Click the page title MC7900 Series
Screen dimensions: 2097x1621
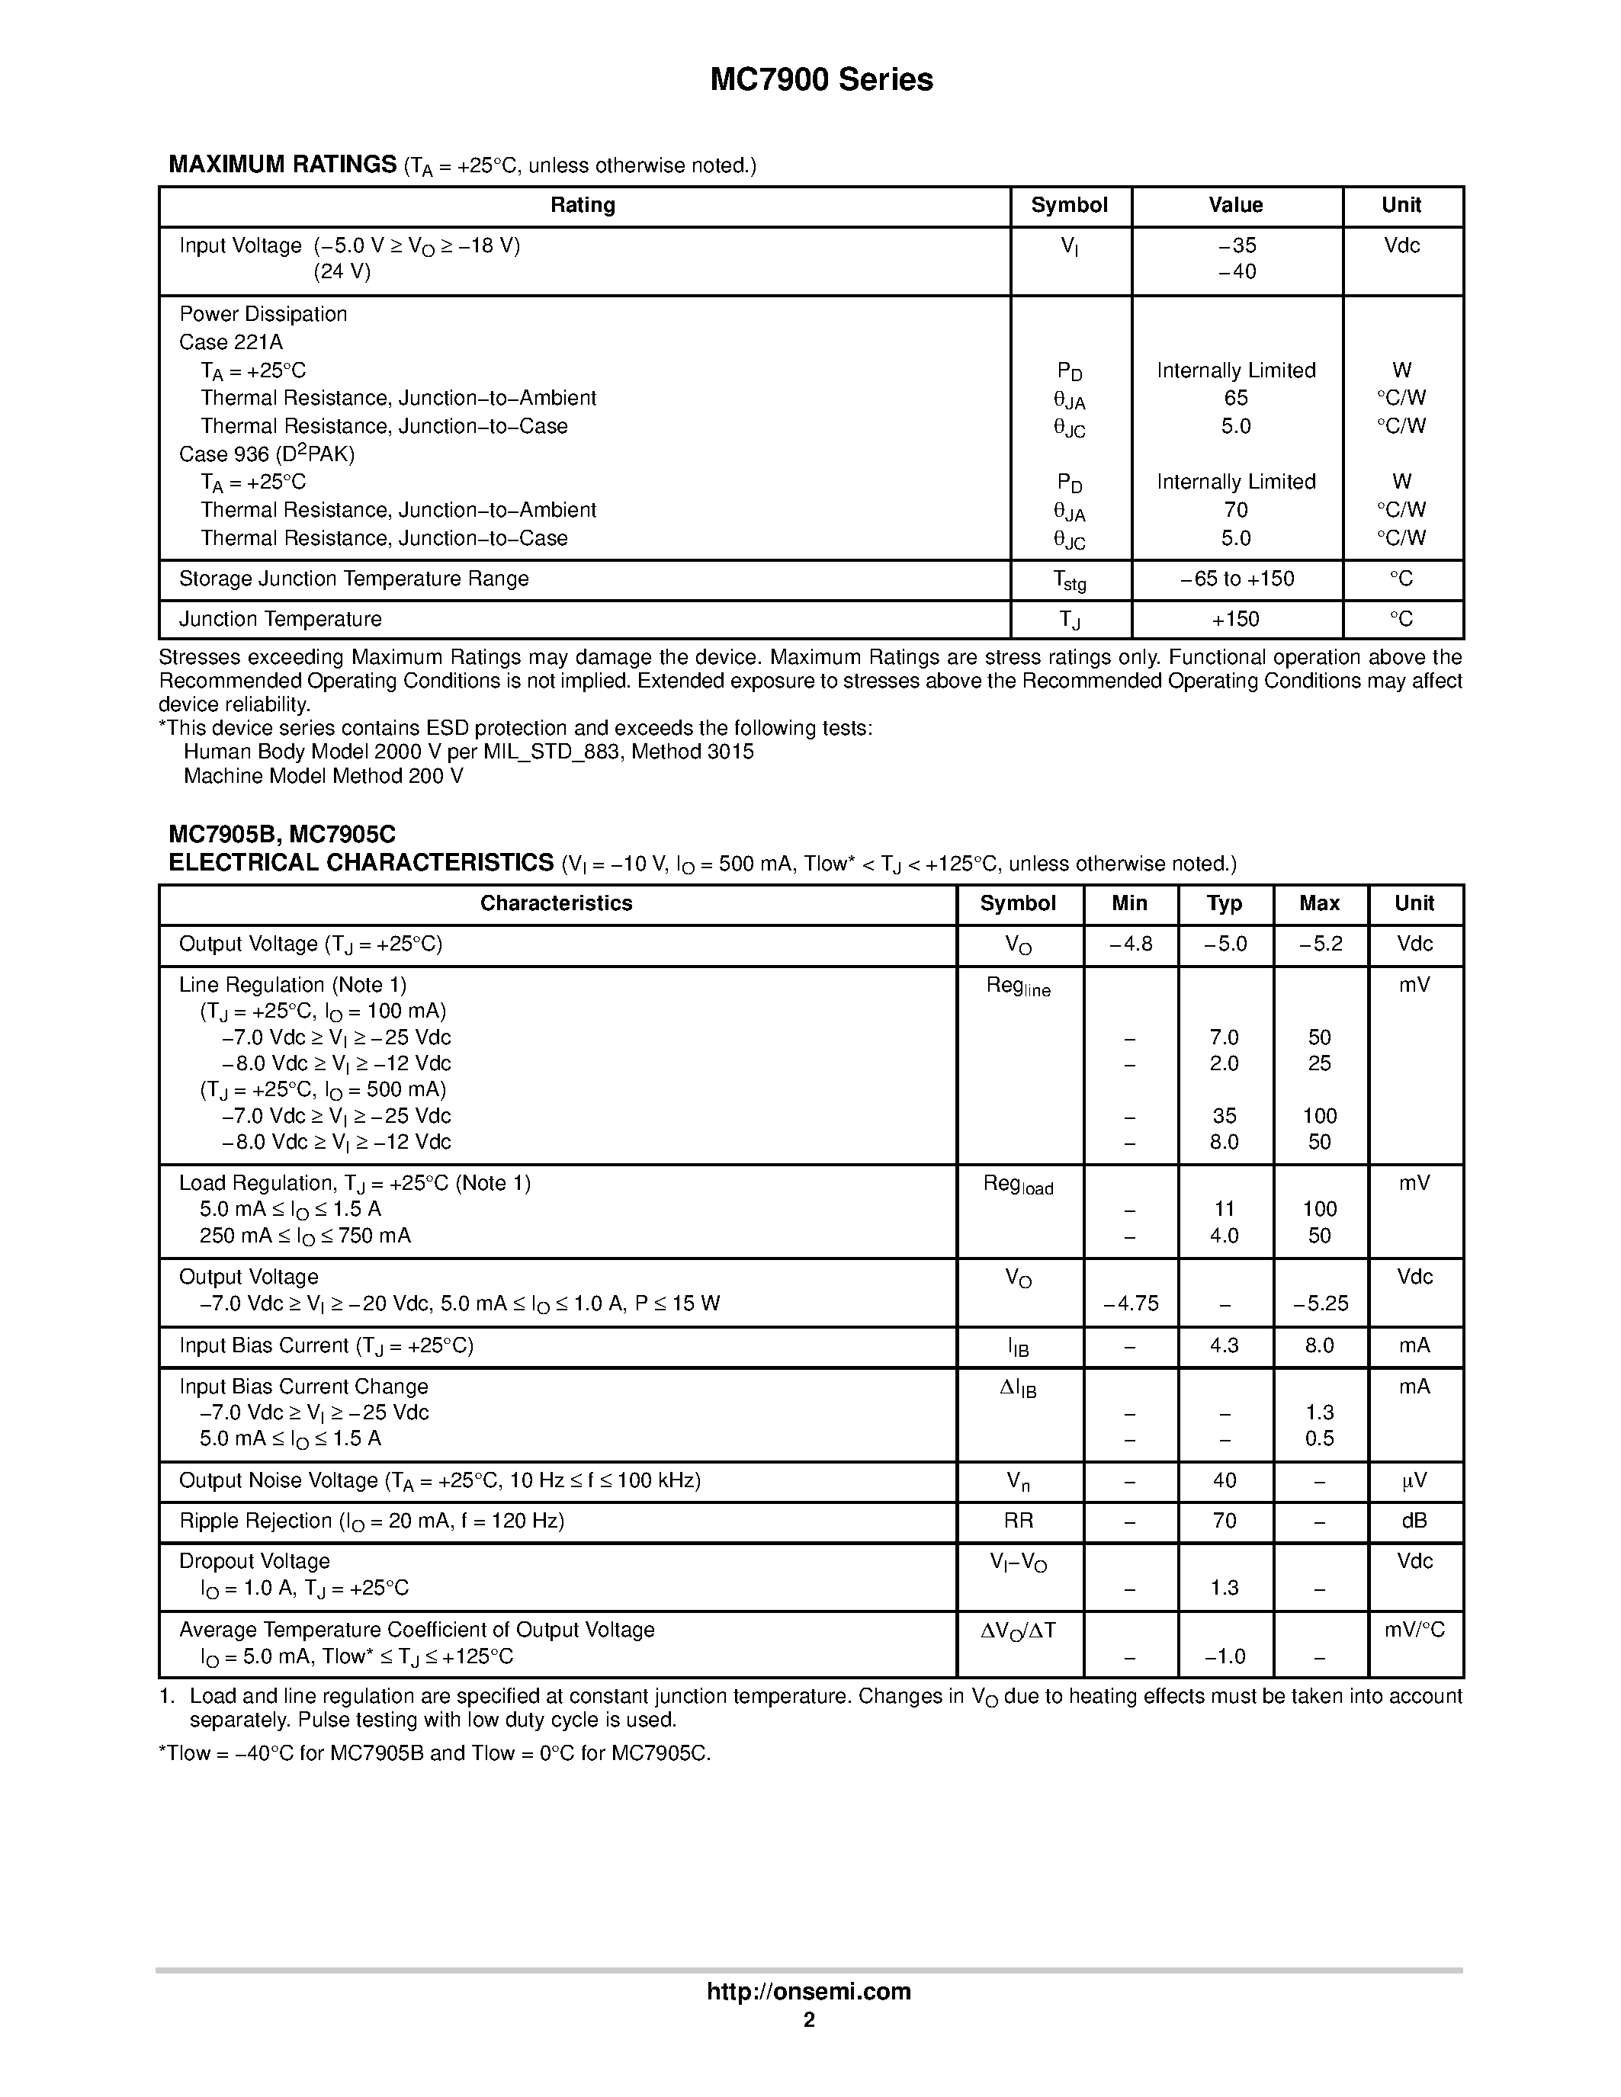[x=821, y=80]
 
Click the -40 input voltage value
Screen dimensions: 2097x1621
[x=1236, y=271]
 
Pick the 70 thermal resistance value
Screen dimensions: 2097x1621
[x=1236, y=510]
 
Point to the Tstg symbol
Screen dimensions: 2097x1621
[x=1070, y=580]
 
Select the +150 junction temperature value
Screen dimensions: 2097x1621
[x=1236, y=619]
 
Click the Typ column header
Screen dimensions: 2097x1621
[x=1225, y=903]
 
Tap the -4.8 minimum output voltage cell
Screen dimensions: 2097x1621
[x=1130, y=944]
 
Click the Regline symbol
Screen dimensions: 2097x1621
[x=1018, y=987]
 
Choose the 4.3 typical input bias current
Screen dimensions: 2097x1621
[x=1225, y=1346]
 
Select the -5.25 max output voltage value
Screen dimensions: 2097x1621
[x=1321, y=1304]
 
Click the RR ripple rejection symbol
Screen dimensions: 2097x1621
[x=1018, y=1521]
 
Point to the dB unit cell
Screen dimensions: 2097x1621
[x=1414, y=1521]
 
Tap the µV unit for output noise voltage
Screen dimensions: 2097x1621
[x=1414, y=1480]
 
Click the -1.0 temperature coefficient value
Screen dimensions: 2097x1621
[x=1225, y=1656]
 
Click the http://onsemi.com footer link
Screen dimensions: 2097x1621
[x=808, y=1991]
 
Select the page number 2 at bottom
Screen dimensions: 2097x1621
[x=808, y=2020]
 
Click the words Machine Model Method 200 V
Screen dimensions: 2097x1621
[x=323, y=776]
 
